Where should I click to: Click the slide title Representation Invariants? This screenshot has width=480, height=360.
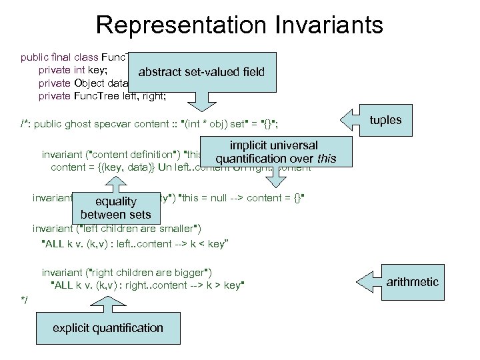tap(239, 25)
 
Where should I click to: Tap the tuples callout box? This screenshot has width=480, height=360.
tap(385, 120)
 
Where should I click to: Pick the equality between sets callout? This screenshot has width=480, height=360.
tap(115, 208)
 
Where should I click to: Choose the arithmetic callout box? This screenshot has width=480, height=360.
tap(413, 281)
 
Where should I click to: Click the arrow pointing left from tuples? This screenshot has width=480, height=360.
tap(352, 120)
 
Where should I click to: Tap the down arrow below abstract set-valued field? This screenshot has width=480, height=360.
tap(203, 100)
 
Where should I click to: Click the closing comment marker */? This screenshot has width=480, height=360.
tap(25, 301)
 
